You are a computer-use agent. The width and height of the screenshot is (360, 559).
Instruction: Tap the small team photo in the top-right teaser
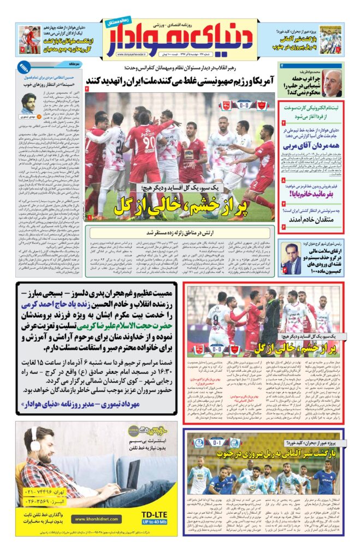331,39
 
